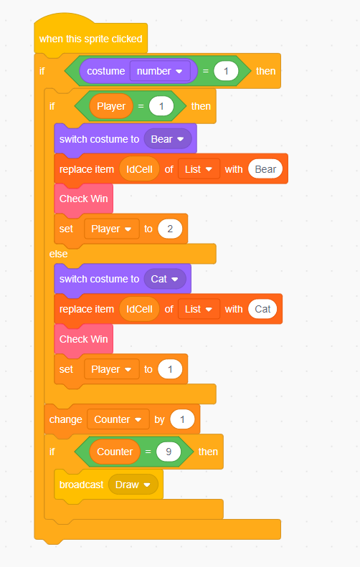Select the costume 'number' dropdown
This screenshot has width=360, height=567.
click(159, 71)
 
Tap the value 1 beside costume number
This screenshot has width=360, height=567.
click(226, 71)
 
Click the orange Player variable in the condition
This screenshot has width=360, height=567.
click(111, 106)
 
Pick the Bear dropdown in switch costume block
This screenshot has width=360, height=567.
click(168, 139)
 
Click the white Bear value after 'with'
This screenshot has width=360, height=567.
click(265, 169)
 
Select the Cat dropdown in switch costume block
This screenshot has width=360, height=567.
click(165, 279)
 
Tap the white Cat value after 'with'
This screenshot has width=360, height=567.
click(262, 309)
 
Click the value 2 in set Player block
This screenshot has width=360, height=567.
click(170, 229)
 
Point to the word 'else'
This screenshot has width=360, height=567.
click(58, 254)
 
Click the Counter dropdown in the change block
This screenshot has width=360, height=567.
click(118, 419)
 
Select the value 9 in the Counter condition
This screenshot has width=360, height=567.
click(169, 452)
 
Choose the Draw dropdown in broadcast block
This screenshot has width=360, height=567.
click(133, 485)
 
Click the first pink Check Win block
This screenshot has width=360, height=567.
click(84, 199)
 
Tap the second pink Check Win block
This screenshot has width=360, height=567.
click(84, 339)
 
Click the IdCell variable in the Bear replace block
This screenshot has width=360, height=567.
click(139, 169)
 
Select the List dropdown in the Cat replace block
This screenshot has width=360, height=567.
click(199, 309)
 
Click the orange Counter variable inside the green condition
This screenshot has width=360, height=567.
click(115, 452)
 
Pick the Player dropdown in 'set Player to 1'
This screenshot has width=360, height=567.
click(111, 369)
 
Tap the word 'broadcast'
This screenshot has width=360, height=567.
click(82, 485)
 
